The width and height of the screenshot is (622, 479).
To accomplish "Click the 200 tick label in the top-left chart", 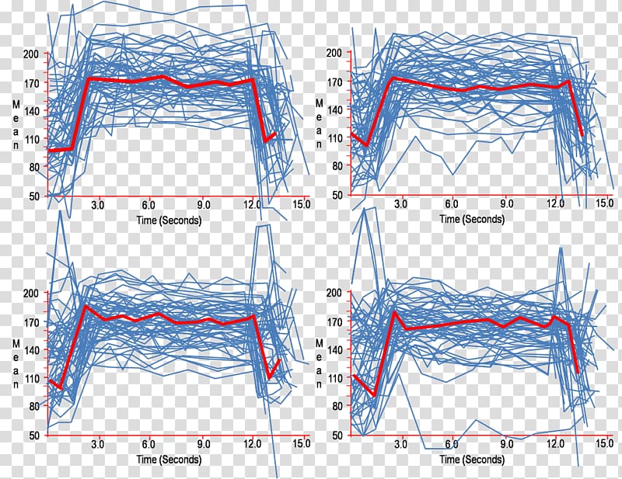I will (x=31, y=53).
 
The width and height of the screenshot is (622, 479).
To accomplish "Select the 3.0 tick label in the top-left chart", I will (x=99, y=204).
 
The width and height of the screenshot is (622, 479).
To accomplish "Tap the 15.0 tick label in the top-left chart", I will (x=302, y=204).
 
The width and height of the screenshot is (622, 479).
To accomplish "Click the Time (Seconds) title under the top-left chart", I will (x=169, y=220).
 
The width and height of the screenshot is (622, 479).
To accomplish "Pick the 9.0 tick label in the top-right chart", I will (x=507, y=204).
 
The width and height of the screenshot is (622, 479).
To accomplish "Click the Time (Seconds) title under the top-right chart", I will (x=472, y=219).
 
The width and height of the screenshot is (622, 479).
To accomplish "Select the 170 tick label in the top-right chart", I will (x=334, y=81).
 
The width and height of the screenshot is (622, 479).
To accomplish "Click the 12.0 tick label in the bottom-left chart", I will (x=252, y=444).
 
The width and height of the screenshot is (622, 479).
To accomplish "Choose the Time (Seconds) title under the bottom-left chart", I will (x=169, y=460).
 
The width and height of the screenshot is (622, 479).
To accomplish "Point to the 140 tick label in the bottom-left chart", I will (x=31, y=349).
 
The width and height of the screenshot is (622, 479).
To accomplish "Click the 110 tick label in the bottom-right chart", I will (x=334, y=377).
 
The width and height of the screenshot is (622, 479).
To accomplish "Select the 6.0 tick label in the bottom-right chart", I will (x=451, y=444).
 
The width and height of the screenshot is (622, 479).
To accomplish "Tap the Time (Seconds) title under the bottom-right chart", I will (x=472, y=460).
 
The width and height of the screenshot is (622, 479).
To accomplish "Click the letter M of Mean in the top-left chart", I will (x=17, y=103).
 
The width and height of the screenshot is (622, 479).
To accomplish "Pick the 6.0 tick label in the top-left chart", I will (x=149, y=204).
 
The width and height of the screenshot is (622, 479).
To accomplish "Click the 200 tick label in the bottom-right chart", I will (x=334, y=293).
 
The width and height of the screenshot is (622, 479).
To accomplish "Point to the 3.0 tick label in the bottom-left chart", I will (x=99, y=444).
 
